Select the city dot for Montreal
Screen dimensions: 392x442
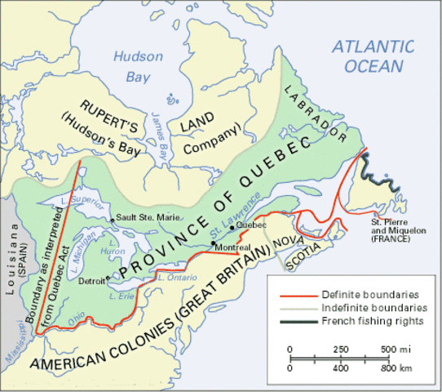coord(213,243)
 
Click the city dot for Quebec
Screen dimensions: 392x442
coord(232,225)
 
